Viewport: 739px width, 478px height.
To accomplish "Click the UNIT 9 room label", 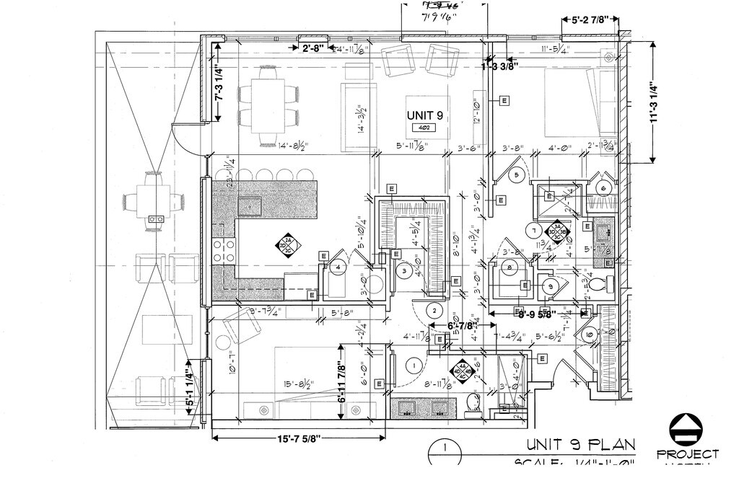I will tap(425, 115).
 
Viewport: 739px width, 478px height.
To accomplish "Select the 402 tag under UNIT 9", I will tap(424, 128).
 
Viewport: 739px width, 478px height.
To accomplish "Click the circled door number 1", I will tap(414, 366).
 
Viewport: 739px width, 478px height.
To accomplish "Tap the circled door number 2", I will tap(434, 311).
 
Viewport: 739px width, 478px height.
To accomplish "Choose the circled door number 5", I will tap(515, 174).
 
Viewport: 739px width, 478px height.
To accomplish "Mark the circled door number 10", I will tap(589, 335).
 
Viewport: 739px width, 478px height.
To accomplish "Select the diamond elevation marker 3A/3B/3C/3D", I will tap(557, 231).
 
